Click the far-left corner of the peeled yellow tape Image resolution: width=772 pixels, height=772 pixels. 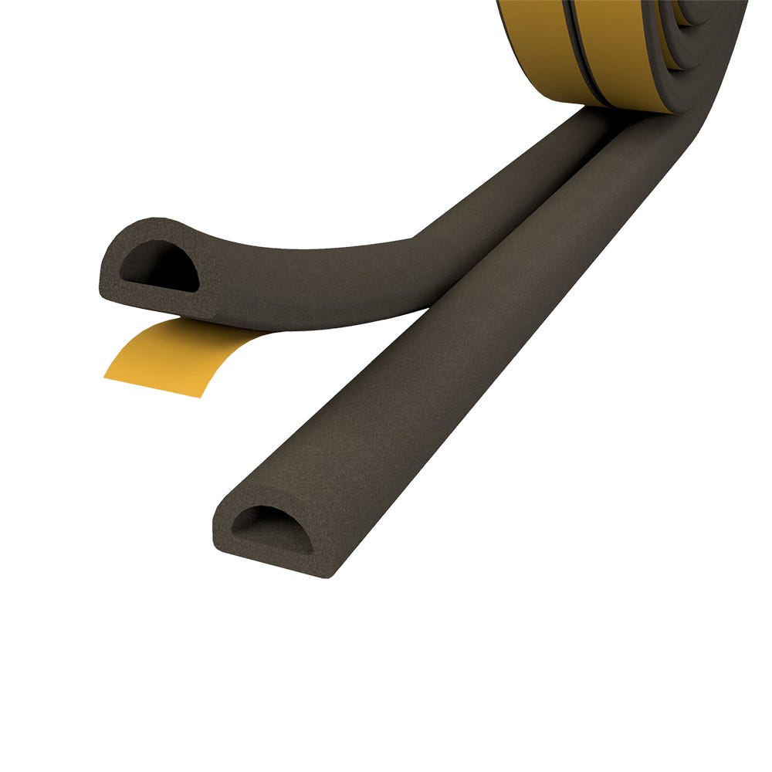pyautogui.click(x=106, y=377)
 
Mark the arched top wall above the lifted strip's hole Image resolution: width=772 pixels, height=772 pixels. pyautogui.click(x=154, y=230)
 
